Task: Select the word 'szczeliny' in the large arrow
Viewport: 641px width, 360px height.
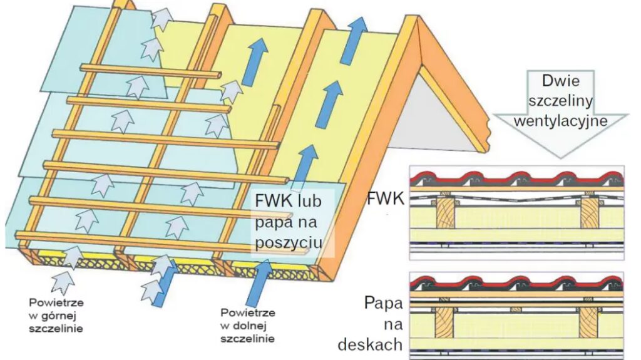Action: [x=559, y=101]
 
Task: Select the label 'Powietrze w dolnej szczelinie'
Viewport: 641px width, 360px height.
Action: [x=246, y=326]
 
